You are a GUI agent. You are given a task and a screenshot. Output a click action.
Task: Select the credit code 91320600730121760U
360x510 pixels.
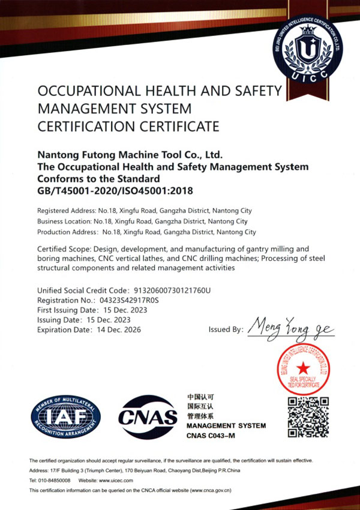coord(170,291)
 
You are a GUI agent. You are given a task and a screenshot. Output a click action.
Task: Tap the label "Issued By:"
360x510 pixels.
coord(226,329)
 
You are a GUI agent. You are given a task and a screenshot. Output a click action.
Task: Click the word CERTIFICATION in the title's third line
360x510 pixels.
coord(88,126)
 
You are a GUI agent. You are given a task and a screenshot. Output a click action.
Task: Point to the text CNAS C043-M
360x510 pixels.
coord(212,435)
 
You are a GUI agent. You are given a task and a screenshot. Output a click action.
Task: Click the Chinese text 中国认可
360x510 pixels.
coord(201,397)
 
